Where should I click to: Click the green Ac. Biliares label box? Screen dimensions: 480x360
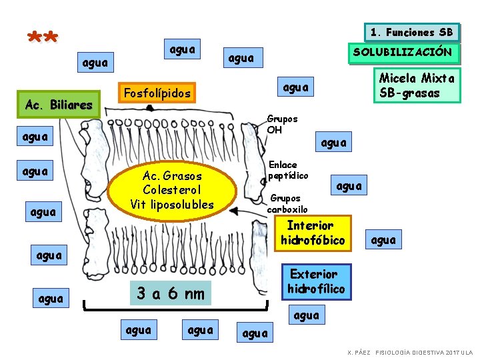tap(59, 105)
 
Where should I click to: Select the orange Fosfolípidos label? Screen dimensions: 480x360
tap(157, 93)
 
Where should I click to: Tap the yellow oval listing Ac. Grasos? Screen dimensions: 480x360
tap(172, 191)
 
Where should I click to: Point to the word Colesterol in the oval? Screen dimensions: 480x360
tap(172, 190)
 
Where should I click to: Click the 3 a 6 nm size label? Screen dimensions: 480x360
tap(171, 293)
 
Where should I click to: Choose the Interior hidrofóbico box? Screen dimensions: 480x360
tap(313, 233)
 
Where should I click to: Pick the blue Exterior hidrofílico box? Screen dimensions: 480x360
tap(317, 281)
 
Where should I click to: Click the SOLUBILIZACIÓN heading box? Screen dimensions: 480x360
tap(404, 53)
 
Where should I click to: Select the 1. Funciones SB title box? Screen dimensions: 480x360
tap(412, 32)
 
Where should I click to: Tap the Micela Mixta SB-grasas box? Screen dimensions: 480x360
tap(417, 85)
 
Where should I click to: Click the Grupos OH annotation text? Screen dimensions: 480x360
tap(282, 124)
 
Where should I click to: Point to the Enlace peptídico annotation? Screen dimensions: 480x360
tap(288, 170)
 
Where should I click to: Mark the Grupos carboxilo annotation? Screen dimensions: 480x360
tap(287, 204)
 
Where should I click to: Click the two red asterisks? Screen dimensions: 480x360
tap(43, 37)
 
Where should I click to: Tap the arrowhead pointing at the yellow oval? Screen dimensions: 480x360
tap(234, 211)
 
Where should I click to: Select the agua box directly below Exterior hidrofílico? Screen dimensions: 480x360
tap(307, 315)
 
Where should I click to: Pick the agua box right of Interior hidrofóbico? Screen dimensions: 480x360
tap(383, 239)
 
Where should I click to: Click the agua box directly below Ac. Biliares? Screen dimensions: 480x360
tap(35, 136)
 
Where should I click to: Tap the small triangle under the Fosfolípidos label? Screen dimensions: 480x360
tap(150, 108)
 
